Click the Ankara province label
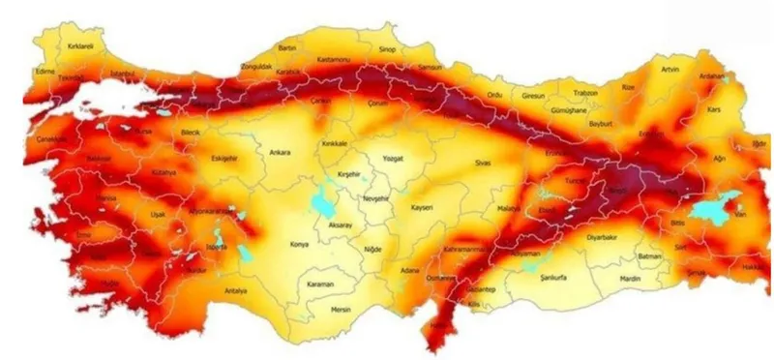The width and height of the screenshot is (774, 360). pos(280,152)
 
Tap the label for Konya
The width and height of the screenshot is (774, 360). pos(300,245)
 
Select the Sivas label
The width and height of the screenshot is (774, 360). pos(483,163)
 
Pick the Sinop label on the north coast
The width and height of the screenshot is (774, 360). pos(386,46)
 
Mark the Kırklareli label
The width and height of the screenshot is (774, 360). pos(79,45)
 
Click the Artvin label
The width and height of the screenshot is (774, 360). pos(670,70)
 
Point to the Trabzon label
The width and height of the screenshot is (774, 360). pos(586,94)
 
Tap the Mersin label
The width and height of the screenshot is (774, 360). pos(340,311)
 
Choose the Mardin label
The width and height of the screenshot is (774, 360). pos(630,279)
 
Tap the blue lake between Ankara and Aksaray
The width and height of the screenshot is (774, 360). pos(320,204)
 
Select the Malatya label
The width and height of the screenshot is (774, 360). pos(509,208)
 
